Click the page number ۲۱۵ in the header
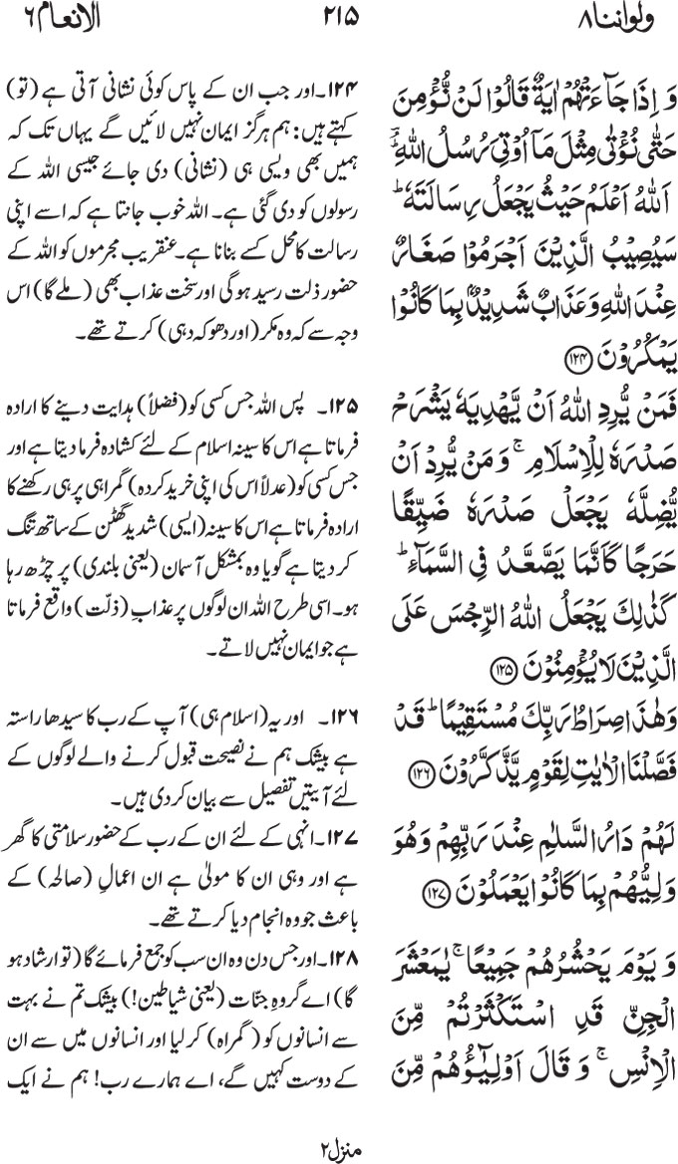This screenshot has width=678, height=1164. (340, 17)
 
